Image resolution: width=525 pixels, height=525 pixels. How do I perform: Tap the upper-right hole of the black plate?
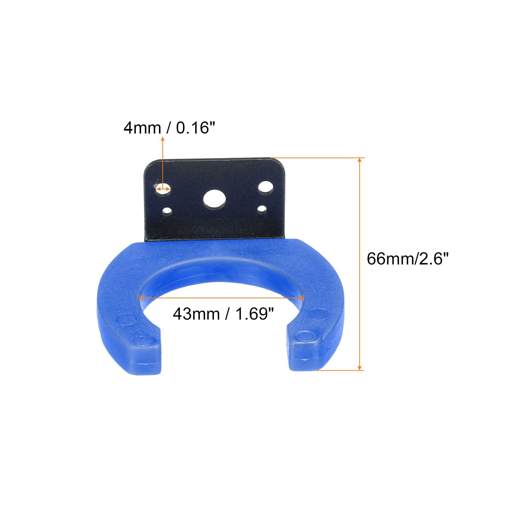tap(265, 187)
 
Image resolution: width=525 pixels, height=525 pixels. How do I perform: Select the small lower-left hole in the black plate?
tap(168, 211)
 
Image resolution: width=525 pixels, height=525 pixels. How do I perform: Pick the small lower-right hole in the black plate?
tap(262, 208)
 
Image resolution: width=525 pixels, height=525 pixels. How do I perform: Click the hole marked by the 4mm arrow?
tap(163, 189)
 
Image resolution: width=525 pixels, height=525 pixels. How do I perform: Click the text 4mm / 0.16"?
tap(170, 128)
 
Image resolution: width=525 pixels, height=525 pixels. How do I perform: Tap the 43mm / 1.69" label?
tap(223, 314)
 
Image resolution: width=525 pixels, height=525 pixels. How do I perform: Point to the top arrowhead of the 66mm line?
tap(360, 160)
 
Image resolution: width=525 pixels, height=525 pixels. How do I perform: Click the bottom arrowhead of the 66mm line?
tap(360, 368)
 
